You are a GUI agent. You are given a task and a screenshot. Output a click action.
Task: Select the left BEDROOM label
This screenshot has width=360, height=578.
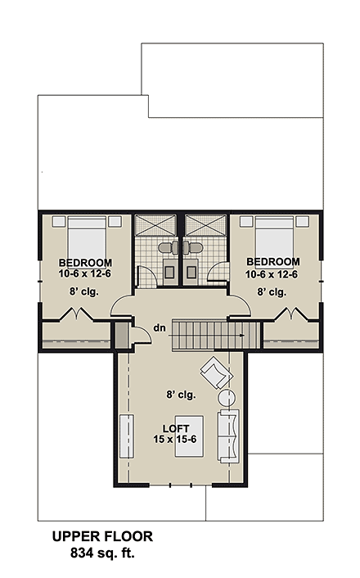pos(85,263)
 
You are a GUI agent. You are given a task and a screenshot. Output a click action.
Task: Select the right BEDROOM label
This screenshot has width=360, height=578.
pos(272,263)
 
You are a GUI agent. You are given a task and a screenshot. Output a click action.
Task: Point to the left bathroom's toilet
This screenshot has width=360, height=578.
pos(164,246)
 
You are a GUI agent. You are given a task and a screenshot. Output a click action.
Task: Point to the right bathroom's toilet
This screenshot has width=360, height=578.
pos(194,246)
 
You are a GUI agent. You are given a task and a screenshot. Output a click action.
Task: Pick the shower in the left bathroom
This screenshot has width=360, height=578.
pos(150,225)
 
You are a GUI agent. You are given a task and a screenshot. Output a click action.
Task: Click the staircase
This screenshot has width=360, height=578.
pos(208,334)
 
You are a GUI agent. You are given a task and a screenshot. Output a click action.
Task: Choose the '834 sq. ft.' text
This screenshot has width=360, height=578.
pos(102,553)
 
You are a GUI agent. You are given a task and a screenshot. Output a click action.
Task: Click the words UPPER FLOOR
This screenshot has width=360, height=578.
pos(102,537)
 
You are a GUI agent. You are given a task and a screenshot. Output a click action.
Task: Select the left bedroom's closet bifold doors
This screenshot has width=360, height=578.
pos(67,314)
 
